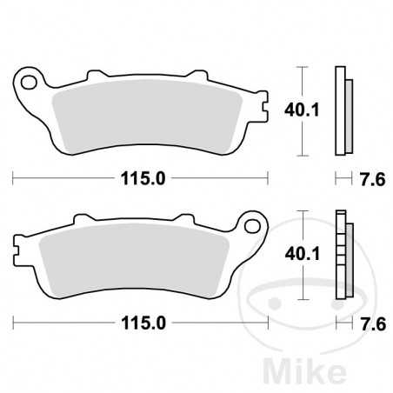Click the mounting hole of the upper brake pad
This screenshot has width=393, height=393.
(x=30, y=83)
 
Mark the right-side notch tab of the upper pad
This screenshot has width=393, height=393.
(x=261, y=109)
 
